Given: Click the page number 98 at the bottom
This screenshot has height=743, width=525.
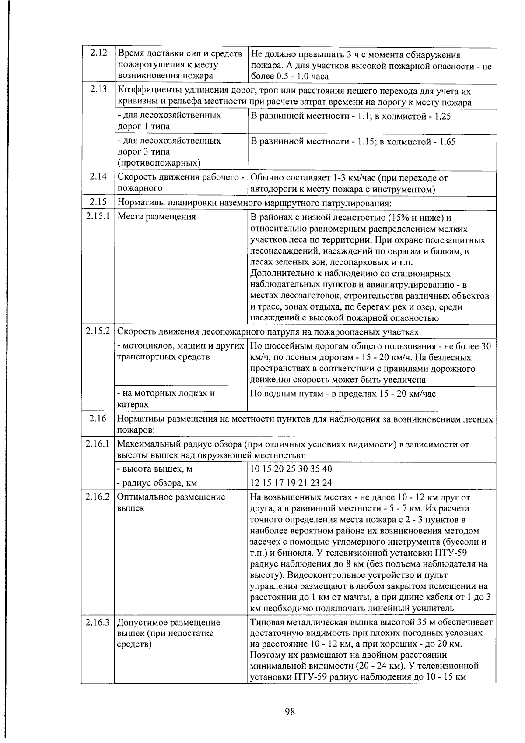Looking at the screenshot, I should click(x=290, y=711).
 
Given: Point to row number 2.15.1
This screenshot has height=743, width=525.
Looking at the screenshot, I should click(x=98, y=217).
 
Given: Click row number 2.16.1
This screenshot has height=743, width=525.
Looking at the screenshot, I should click(x=98, y=444).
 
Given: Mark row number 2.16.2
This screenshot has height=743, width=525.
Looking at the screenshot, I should click(x=98, y=497).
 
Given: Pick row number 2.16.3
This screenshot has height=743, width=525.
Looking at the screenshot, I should click(x=98, y=622).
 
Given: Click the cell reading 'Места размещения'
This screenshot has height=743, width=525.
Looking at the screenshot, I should click(x=157, y=217).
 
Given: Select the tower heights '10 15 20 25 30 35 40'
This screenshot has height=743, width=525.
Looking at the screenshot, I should click(x=291, y=469).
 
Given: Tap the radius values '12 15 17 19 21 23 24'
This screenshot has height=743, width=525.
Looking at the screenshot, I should click(x=291, y=483).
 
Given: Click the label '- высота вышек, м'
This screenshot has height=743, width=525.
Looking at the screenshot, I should click(x=155, y=469).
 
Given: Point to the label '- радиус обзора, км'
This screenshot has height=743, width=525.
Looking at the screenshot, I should click(x=157, y=483).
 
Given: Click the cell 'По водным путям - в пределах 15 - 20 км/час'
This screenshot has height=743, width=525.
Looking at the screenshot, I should click(x=343, y=393).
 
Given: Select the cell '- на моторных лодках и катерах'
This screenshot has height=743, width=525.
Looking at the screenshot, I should click(x=166, y=398).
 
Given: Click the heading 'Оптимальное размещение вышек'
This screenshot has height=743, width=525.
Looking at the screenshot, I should click(x=171, y=502).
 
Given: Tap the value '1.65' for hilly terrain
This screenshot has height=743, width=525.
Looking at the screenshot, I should click(x=447, y=142).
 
